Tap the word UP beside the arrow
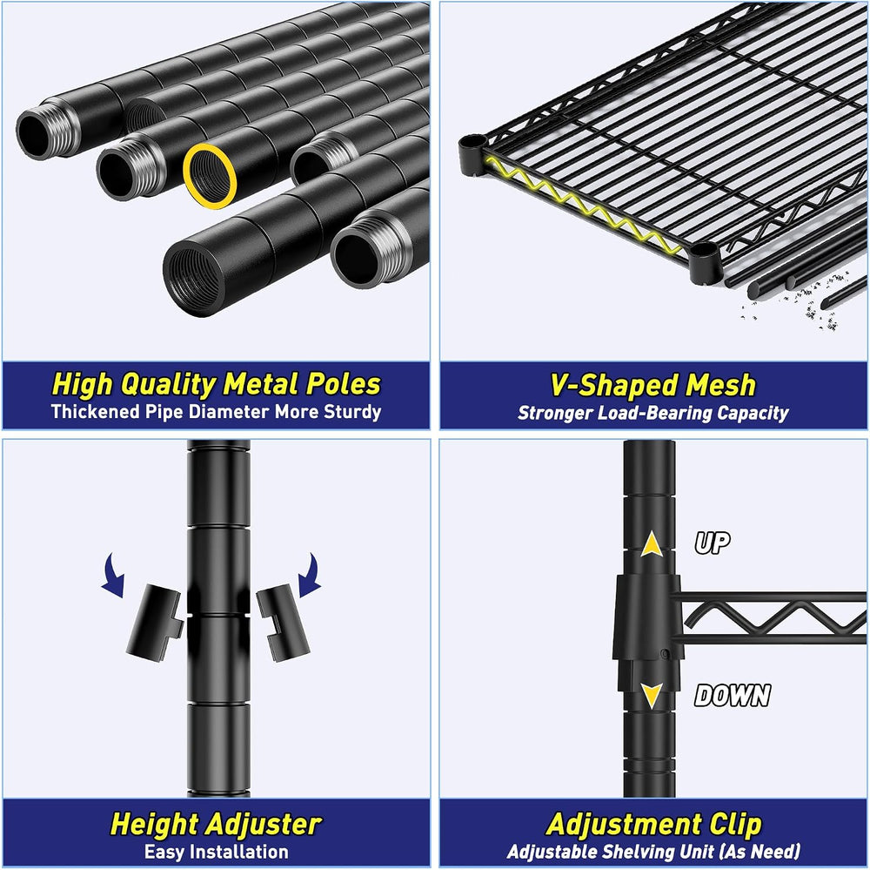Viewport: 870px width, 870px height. click(x=713, y=542)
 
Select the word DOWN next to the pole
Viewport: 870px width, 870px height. click(x=733, y=694)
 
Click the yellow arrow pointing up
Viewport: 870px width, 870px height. click(x=652, y=544)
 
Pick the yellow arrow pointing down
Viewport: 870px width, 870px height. click(x=652, y=695)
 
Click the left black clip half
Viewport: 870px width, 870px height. click(x=154, y=622)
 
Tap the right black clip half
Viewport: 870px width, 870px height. click(x=284, y=625)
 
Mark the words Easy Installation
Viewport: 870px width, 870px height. click(x=217, y=852)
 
